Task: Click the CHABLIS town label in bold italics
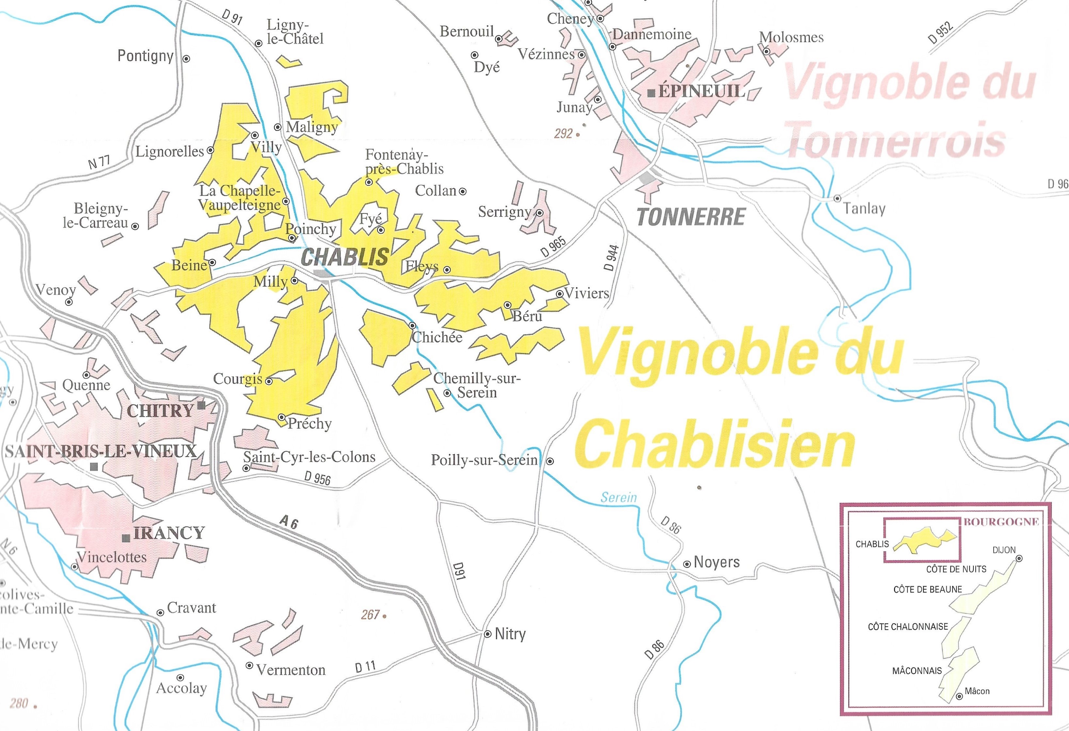point(344,257)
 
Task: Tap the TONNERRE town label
point(691,217)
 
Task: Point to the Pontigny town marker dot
point(186,59)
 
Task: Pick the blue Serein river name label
point(619,497)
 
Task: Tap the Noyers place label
point(716,562)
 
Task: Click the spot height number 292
point(563,134)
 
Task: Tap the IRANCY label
point(169,533)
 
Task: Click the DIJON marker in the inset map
point(1019,559)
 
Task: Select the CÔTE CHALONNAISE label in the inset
point(908,627)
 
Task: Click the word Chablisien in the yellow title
point(714,445)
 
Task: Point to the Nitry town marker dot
point(487,634)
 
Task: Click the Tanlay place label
point(864,209)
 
